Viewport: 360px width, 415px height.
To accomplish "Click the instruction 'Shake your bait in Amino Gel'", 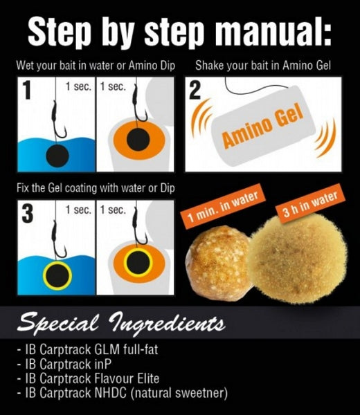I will point(263,67).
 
